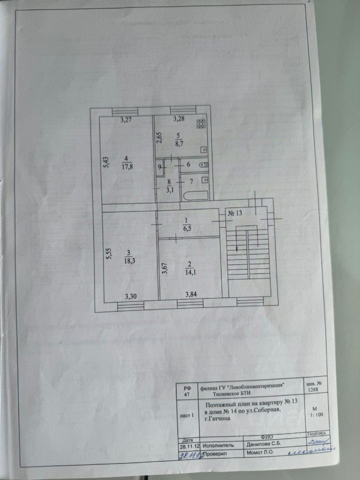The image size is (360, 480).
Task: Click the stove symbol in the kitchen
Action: coord(201,123)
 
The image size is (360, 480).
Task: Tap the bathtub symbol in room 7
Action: coord(194,195)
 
